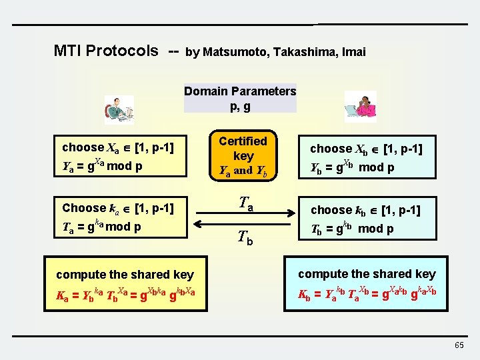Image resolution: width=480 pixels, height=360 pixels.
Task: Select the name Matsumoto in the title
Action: point(234,52)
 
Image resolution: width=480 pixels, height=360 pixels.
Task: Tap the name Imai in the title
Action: point(353,52)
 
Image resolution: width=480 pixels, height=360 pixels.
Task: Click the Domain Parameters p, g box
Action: point(240,98)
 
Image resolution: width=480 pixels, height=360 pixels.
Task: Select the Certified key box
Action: point(243,156)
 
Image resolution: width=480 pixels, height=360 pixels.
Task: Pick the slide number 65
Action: point(459,345)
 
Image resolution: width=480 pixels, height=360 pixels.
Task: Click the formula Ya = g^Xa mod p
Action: point(102,165)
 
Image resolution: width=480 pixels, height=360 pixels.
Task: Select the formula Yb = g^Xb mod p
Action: point(352,167)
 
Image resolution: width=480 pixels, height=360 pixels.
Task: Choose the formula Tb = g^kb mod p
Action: point(351,228)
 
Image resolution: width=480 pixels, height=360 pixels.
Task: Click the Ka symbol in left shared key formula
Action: point(63,295)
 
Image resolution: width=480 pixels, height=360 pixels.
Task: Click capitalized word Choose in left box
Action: point(84,208)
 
